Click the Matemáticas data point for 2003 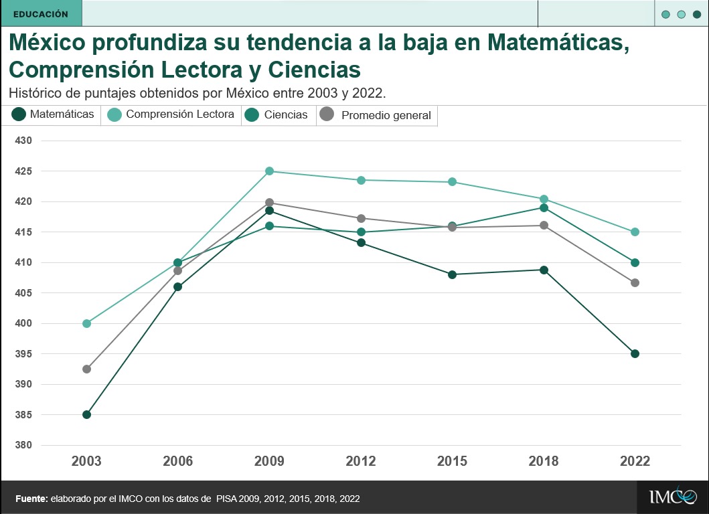86,414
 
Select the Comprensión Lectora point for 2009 269,171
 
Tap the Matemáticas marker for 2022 635,353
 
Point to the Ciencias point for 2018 544,207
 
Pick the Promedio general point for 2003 86,369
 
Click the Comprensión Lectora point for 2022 635,232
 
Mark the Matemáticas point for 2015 452,274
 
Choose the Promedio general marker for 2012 361,218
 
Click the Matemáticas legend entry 54,114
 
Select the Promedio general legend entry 376,115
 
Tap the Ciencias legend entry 277,115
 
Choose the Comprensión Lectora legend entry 171,114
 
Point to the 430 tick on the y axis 23,141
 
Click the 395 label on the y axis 23,354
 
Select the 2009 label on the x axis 269,461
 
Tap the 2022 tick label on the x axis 635,461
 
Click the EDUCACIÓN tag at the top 40,13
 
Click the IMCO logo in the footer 672,497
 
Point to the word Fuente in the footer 31,499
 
